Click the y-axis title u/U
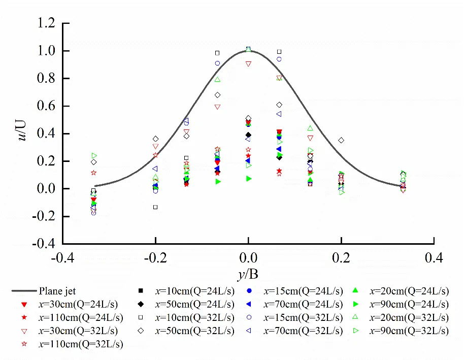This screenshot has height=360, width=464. (x=23, y=134)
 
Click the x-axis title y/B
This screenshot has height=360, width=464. (x=248, y=275)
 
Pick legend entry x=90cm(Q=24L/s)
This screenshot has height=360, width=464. (x=409, y=304)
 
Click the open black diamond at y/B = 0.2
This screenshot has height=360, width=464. (x=341, y=140)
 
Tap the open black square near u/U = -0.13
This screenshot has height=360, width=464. (x=155, y=207)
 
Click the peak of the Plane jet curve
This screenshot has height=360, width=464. (x=248, y=50)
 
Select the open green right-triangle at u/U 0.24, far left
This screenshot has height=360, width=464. (x=94, y=155)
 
